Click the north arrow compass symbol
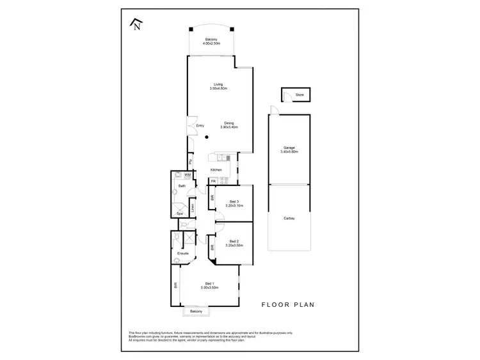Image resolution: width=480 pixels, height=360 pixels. point(136,24)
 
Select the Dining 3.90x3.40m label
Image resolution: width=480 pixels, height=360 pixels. point(228,125)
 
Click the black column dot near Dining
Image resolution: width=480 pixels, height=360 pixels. point(207,137)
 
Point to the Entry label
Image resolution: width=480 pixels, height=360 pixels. point(200,125)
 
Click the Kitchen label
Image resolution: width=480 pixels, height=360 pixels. point(216,169)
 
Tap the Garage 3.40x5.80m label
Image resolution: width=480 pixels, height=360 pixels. point(289,150)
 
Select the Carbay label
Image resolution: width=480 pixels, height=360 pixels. point(289,219)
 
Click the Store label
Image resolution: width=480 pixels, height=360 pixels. point(300,95)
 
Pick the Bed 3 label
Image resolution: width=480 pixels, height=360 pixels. point(234,202)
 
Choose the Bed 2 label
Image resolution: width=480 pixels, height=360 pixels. point(234,243)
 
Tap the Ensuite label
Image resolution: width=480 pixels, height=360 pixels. point(182,254)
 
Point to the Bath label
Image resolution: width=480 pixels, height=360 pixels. point(182,186)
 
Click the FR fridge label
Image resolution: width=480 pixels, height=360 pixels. point(213,182)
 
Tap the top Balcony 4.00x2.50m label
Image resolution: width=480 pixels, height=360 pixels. point(212,42)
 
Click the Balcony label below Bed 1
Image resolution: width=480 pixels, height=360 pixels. point(196,311)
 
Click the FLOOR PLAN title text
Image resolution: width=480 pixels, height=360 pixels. point(287,305)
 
